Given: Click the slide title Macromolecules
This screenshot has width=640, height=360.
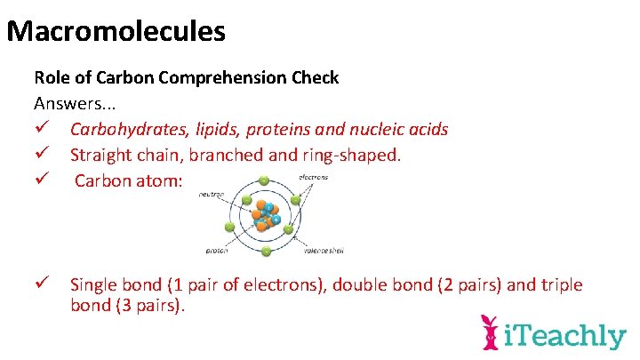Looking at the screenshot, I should [116, 32].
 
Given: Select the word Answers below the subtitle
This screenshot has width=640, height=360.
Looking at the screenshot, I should [64, 103].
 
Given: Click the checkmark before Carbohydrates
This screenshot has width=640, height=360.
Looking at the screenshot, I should [42, 130].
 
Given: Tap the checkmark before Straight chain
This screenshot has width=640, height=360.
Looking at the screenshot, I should [42, 156].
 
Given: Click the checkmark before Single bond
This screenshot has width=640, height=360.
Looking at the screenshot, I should [42, 284].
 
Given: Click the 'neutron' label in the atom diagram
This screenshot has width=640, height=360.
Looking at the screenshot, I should [211, 193].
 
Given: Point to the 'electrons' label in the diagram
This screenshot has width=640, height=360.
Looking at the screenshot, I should [313, 177].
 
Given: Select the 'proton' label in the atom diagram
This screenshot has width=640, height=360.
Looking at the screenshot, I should [217, 251].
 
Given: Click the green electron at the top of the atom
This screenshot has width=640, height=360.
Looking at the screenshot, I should [263, 181].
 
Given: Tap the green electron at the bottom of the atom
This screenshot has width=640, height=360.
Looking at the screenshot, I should [265, 252].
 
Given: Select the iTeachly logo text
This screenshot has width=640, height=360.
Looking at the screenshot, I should [564, 336].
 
